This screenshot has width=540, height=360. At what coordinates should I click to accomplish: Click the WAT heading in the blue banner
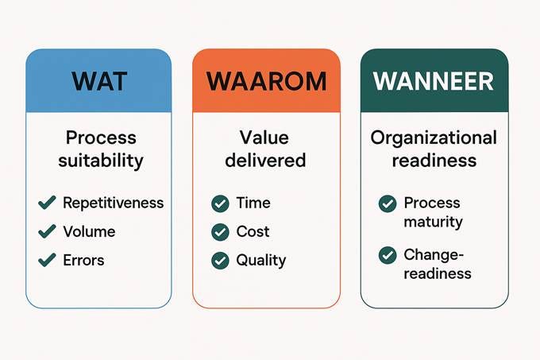point(98,81)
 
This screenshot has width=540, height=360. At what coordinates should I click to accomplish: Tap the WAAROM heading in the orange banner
point(265,81)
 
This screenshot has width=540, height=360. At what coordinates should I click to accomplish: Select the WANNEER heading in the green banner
point(433,81)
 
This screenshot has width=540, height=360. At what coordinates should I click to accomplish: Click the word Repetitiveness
point(113,203)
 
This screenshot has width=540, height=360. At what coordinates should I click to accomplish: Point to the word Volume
point(89,232)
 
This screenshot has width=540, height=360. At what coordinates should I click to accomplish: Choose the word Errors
point(83,260)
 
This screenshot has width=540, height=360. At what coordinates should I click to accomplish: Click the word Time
point(253,203)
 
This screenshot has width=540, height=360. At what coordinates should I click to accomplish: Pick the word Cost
point(253,232)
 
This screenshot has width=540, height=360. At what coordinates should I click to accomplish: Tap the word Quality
point(260,260)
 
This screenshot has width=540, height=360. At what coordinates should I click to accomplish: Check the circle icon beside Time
point(220,204)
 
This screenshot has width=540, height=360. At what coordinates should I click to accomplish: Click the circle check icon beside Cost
point(220,232)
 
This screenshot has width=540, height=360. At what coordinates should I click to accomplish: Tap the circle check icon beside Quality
point(220,260)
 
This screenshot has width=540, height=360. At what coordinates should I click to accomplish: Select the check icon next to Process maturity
point(387,204)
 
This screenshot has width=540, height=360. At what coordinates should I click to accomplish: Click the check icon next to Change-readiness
point(387,255)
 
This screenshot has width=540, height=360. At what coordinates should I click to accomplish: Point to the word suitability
point(101,161)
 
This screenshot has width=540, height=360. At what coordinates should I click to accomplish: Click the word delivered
point(265,161)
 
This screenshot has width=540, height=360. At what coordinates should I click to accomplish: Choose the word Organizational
point(434,137)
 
